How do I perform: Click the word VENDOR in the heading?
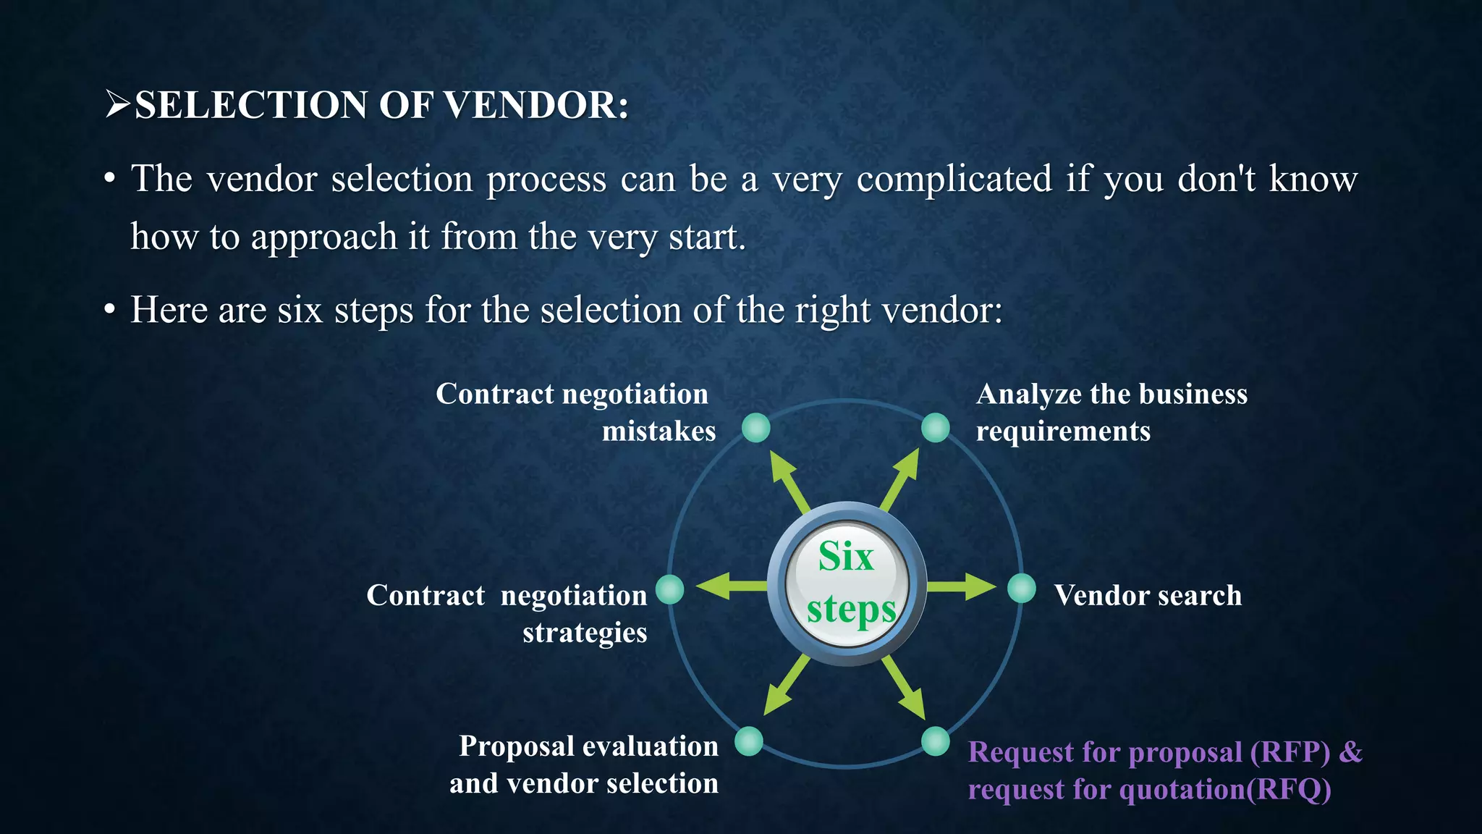(535, 105)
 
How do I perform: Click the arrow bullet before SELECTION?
(117, 104)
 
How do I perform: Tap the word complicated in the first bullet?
(954, 179)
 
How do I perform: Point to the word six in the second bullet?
(300, 311)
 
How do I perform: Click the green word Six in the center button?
(846, 557)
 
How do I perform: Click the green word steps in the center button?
(851, 610)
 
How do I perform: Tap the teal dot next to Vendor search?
(1021, 589)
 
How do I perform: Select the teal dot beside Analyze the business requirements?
(935, 428)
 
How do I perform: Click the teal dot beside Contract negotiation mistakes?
(756, 428)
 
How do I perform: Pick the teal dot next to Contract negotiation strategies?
(670, 589)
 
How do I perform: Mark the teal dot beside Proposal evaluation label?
(749, 741)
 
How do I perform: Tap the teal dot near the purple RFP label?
(935, 741)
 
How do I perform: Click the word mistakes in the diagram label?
(659, 431)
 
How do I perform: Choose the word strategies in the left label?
(585, 633)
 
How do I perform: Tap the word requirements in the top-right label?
(1062, 431)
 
